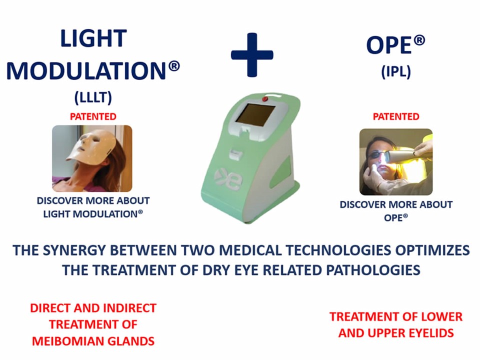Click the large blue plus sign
(252, 55)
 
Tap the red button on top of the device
(265, 99)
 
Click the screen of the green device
(255, 115)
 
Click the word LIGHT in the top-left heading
(93, 38)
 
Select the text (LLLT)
(93, 97)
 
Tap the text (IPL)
(396, 71)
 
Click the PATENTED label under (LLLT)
(93, 116)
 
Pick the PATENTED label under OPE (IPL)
(396, 116)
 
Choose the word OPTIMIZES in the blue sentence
(431, 250)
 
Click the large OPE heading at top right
(395, 45)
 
